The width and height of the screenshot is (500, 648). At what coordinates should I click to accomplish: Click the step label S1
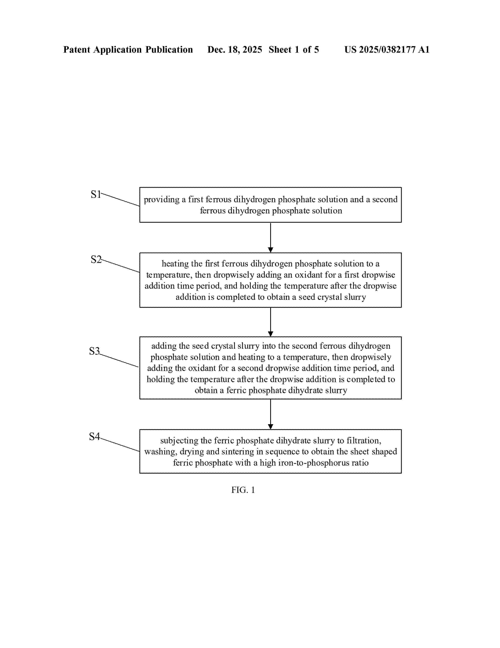pyautogui.click(x=96, y=195)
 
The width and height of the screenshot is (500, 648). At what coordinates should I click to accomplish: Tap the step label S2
pyautogui.click(x=96, y=259)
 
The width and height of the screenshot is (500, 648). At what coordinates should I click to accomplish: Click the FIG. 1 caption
pyautogui.click(x=243, y=490)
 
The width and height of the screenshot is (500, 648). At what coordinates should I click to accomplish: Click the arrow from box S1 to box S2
pyautogui.click(x=270, y=237)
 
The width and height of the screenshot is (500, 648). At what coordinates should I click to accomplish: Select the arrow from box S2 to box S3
pyautogui.click(x=270, y=322)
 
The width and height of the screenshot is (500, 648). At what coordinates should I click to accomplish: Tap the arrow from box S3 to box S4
pyautogui.click(x=270, y=414)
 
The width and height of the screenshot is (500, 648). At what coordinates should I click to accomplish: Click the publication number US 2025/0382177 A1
pyautogui.click(x=386, y=49)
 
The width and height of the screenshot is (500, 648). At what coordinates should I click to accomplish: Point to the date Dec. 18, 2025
pyautogui.click(x=235, y=49)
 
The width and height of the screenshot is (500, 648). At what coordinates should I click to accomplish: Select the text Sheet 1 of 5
pyautogui.click(x=294, y=49)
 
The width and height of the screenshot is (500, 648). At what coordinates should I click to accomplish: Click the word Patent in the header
pyautogui.click(x=76, y=49)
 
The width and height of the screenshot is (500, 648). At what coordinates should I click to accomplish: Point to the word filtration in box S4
pyautogui.click(x=364, y=441)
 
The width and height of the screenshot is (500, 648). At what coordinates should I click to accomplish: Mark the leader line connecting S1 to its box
pyautogui.click(x=120, y=199)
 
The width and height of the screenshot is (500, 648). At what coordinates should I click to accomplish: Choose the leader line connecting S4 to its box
pyautogui.click(x=120, y=444)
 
